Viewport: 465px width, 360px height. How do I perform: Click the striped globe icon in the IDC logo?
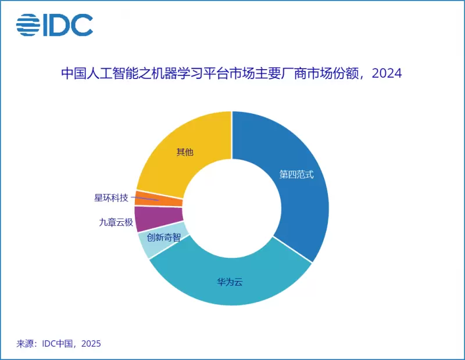pos(27,24)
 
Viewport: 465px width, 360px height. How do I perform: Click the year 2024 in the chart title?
pos(387,74)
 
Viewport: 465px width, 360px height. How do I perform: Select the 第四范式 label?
pos(296,175)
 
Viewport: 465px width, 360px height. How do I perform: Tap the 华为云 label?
pos(230,282)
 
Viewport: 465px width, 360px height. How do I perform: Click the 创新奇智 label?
pos(163,237)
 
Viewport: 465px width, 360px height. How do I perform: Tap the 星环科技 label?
pos(110,197)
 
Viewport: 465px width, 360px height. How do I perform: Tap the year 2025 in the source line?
pos(91,344)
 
